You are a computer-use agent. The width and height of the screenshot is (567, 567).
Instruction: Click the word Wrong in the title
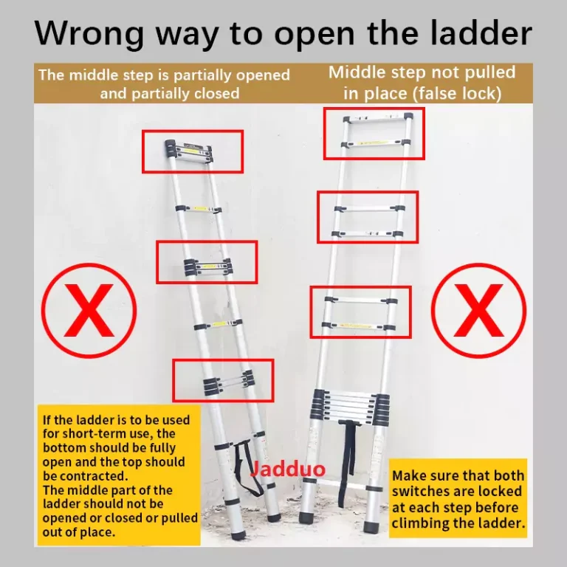[89, 33]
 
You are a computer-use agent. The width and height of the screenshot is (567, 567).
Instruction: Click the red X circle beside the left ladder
[89, 311]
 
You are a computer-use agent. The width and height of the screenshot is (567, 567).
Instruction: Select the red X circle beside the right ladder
[478, 311]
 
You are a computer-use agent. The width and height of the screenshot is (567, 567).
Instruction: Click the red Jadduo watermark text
[288, 469]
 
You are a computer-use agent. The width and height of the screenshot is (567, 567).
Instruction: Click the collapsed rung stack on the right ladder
[350, 407]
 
